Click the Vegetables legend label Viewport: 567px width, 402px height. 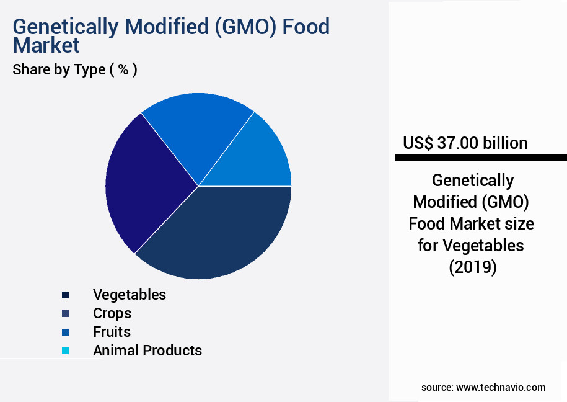point(130,295)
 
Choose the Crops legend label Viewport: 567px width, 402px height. point(112,313)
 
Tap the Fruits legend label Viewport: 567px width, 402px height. point(112,332)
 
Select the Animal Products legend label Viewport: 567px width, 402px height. point(147,351)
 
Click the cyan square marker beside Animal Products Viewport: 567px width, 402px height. point(66,351)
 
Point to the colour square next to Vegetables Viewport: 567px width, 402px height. point(66,295)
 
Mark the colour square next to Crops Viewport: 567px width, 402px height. point(66,314)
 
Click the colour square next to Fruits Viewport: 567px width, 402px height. point(66,333)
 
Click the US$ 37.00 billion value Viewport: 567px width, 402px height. point(465,143)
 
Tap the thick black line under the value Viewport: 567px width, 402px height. point(481,158)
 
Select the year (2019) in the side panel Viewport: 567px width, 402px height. point(472,267)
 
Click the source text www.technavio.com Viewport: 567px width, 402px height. point(501,387)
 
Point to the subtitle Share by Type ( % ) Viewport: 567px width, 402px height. point(75,69)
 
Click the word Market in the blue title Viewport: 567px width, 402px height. point(46,45)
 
